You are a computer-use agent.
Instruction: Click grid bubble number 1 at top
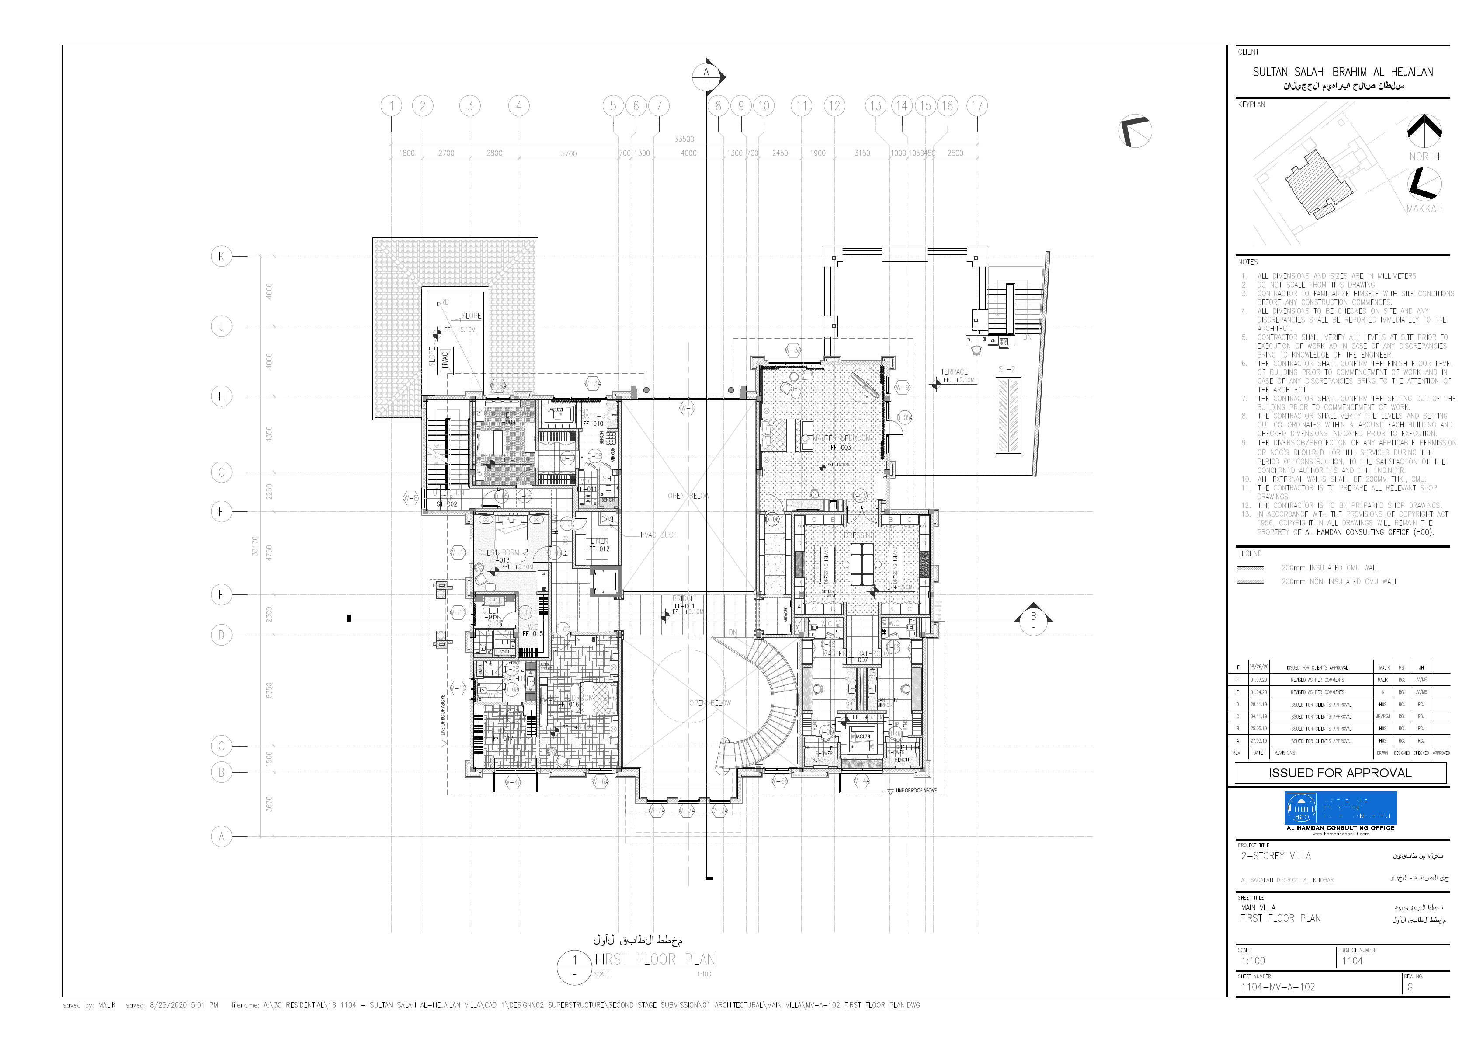tap(391, 106)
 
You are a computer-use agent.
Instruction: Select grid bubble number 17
tap(976, 106)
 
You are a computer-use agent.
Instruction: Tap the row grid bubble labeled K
tap(221, 257)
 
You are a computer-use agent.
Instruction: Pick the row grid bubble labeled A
tap(221, 836)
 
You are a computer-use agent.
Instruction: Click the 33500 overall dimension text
tap(684, 139)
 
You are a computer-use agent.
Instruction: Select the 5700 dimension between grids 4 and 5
tap(568, 153)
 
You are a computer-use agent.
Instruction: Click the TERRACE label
tap(954, 372)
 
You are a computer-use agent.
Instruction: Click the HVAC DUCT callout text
tap(658, 535)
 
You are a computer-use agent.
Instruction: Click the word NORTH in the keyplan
tap(1424, 156)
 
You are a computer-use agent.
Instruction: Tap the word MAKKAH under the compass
tap(1424, 208)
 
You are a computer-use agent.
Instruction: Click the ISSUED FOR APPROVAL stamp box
tap(1340, 772)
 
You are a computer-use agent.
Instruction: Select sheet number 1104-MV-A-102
tap(1278, 987)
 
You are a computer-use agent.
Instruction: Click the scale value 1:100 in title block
tap(1253, 961)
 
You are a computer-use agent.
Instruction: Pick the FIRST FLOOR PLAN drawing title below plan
tap(654, 959)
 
